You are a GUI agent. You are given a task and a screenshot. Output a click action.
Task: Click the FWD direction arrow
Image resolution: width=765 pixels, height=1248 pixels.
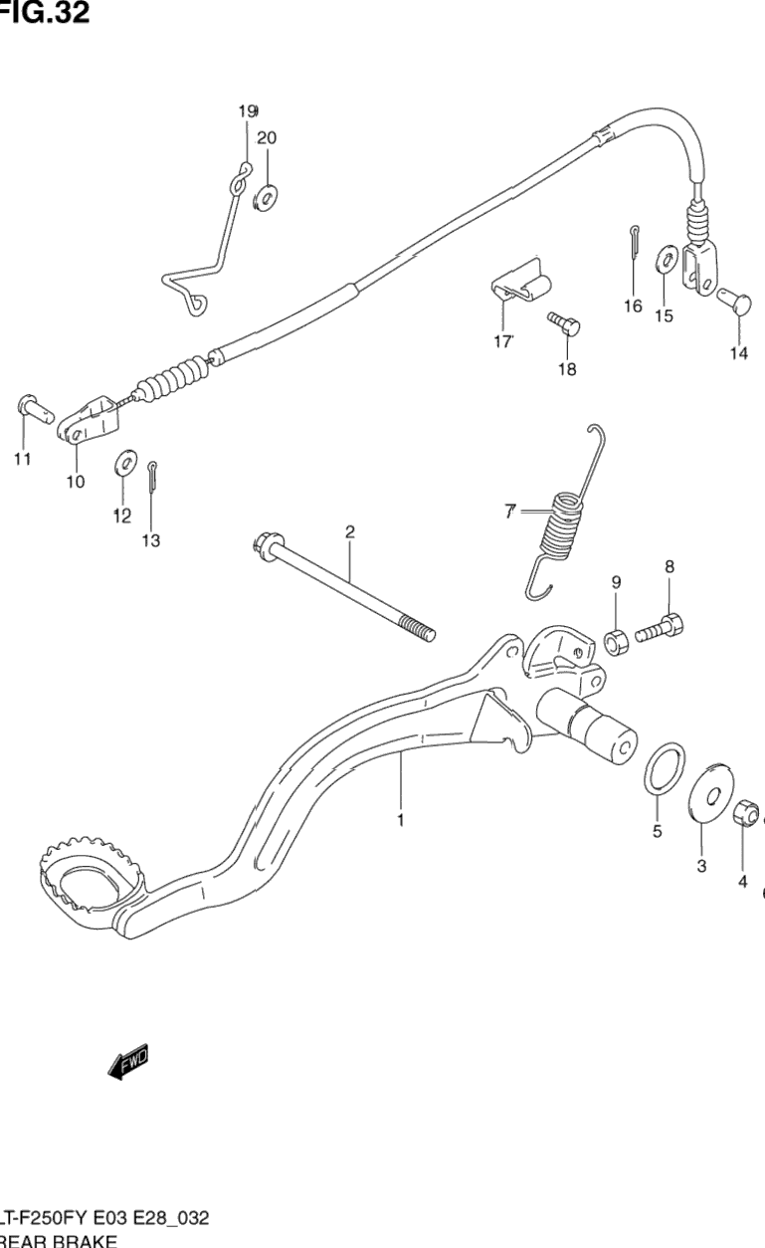(128, 1062)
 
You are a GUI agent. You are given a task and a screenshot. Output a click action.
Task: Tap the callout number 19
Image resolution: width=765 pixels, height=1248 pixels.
(247, 110)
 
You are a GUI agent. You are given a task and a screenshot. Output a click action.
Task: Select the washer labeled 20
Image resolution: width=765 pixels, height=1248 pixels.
(266, 196)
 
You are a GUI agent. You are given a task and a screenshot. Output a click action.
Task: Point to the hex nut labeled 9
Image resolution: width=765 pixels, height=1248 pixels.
(616, 641)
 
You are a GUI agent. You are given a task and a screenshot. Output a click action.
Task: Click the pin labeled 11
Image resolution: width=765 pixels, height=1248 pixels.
(33, 408)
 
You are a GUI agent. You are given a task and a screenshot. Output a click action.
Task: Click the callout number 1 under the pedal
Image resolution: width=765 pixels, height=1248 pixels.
(400, 821)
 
